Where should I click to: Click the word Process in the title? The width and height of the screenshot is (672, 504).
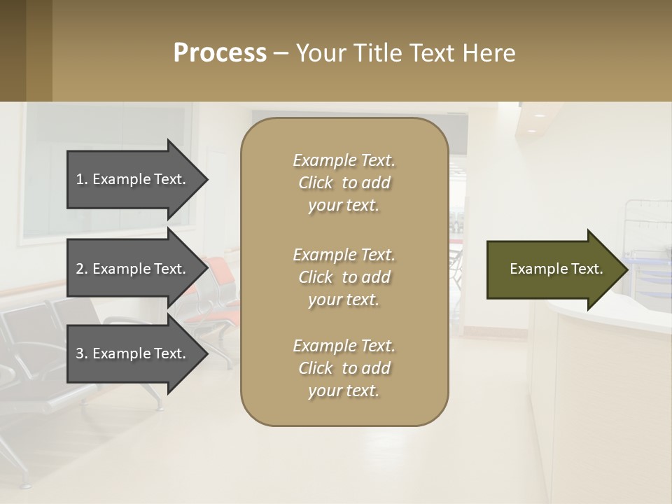tap(220, 52)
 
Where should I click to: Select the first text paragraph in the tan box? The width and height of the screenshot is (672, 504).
tap(344, 183)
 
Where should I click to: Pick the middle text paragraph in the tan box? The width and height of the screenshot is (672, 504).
tap(344, 277)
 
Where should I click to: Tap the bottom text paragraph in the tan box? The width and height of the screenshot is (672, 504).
tap(344, 368)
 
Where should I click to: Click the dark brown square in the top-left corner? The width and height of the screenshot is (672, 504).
tap(13, 50)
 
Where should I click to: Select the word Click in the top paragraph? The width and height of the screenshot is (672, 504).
tap(316, 183)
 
